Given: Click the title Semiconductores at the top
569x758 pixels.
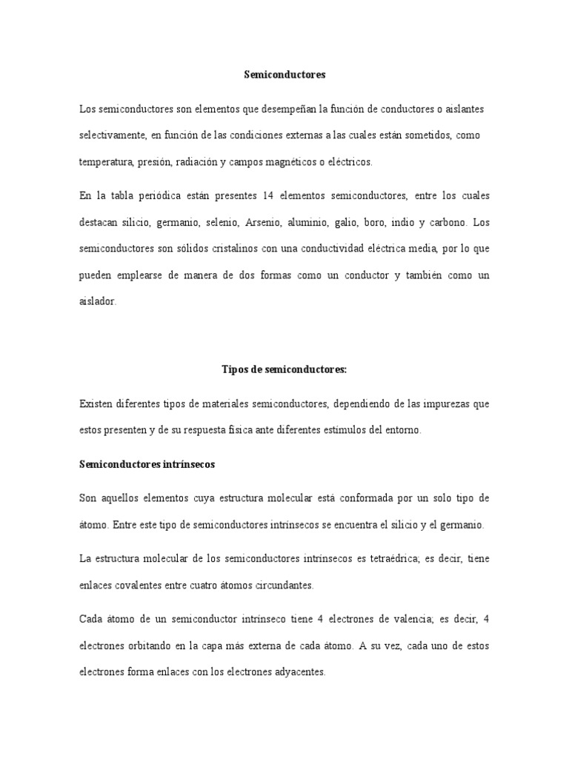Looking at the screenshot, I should [284, 75].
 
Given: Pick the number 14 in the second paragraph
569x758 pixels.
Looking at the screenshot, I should [269, 195].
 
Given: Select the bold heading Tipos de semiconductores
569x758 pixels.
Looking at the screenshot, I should [284, 369].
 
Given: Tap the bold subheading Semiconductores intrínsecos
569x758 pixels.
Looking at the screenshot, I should [147, 465].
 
